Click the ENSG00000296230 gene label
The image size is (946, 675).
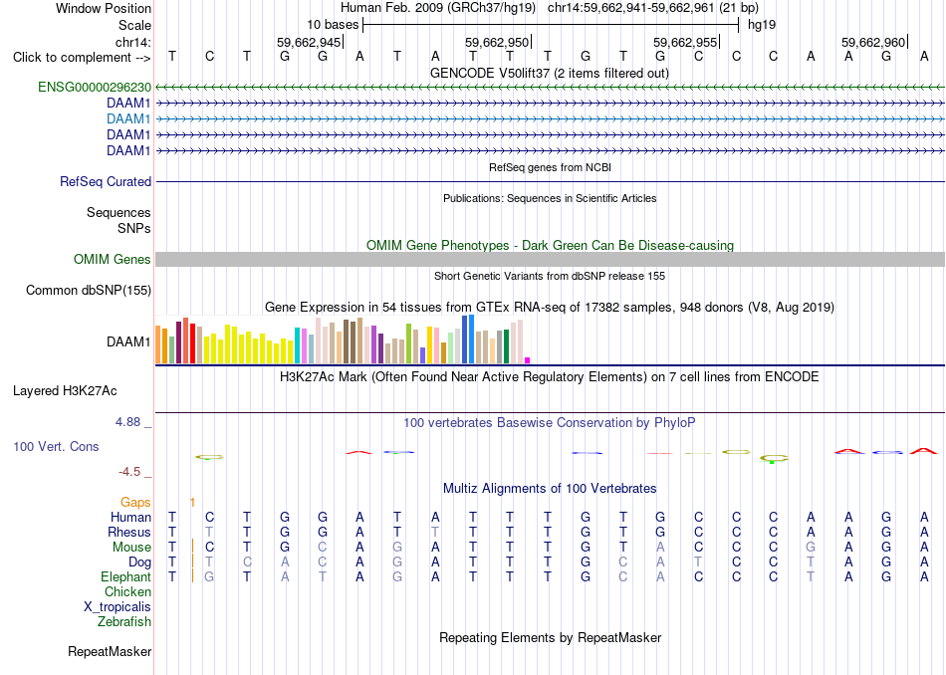pos(95,87)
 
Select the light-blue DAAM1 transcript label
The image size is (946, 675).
pos(128,118)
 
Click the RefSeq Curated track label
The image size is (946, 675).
pos(106,181)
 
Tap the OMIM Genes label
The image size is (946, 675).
pos(113,260)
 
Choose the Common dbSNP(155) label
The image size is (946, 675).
pos(89,290)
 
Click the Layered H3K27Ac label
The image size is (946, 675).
pos(65,391)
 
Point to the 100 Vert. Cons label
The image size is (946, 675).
pos(56,446)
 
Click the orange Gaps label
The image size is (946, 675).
pos(135,502)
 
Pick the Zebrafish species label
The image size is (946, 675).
pos(124,621)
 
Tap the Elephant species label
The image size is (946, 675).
pos(126,576)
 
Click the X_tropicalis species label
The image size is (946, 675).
pos(118,607)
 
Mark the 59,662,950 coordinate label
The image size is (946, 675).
pos(497,42)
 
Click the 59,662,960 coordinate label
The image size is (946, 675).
pos(873,42)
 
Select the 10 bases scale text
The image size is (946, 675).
pos(333,25)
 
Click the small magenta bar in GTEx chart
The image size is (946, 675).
pos(528,360)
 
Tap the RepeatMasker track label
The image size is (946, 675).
pos(110,651)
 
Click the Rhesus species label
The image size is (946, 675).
pos(129,532)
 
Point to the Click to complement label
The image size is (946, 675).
pos(82,58)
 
